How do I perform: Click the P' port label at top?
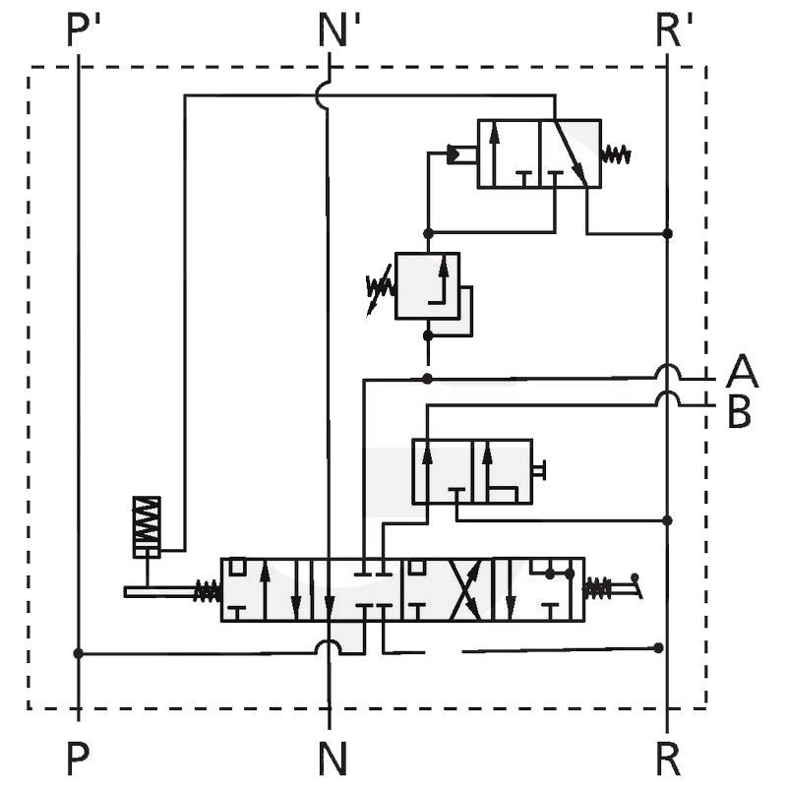84,30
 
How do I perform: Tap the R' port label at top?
674,30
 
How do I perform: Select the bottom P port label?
79,758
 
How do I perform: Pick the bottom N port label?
333,758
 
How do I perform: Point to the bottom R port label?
668,758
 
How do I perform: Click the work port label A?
742,371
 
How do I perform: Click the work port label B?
740,411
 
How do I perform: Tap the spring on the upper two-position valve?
616,154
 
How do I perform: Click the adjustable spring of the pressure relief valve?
380,287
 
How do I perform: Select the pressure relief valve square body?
427,285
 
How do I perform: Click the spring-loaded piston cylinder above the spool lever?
147,527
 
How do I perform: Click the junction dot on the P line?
79,653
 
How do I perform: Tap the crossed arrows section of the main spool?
466,589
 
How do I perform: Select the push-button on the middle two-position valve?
539,470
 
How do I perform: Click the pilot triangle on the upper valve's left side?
453,154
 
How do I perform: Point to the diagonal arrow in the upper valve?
571,152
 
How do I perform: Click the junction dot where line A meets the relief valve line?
427,379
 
